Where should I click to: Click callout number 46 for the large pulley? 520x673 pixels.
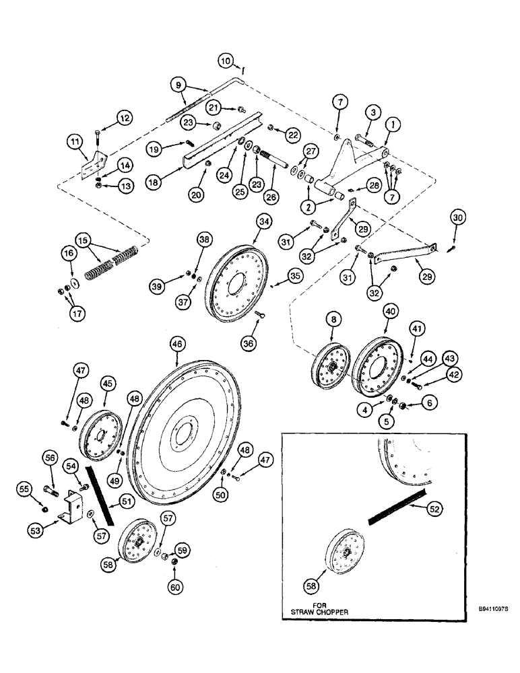[176, 344]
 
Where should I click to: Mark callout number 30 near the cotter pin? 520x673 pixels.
[458, 219]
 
